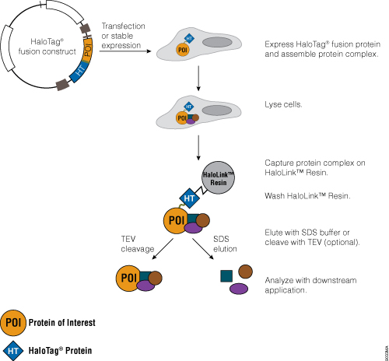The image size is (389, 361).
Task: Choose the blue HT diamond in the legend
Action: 13,350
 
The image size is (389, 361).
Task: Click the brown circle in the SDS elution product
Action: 247,272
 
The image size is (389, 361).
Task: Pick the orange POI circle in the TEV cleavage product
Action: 129,279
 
